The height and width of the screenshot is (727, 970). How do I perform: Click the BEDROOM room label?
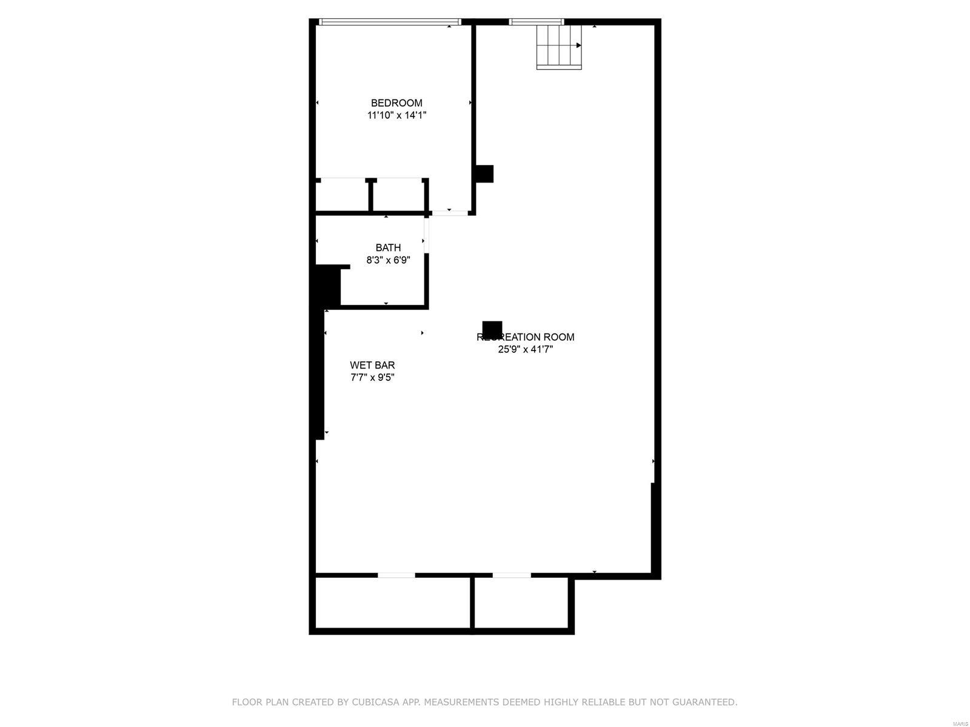(x=396, y=103)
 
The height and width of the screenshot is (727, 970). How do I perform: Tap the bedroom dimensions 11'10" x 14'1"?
(x=396, y=115)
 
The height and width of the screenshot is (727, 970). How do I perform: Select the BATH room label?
(x=388, y=247)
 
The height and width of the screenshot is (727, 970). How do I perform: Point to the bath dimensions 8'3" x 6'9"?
(x=388, y=260)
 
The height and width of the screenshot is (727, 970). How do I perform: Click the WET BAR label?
(x=372, y=365)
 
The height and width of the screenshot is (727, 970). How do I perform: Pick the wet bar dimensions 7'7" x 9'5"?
(x=372, y=377)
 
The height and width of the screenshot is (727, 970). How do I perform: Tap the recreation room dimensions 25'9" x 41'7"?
(x=525, y=349)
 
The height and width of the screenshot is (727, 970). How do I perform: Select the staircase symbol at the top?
(x=558, y=46)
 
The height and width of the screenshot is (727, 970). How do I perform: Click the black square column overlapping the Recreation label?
(x=492, y=328)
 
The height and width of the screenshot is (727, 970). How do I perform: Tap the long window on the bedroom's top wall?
(x=390, y=22)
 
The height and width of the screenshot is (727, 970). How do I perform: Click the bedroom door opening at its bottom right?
(x=449, y=213)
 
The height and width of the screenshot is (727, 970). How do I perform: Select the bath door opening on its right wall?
(x=426, y=235)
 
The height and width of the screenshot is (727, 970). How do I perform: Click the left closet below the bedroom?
(x=342, y=195)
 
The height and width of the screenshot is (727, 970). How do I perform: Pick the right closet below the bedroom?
(x=398, y=195)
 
